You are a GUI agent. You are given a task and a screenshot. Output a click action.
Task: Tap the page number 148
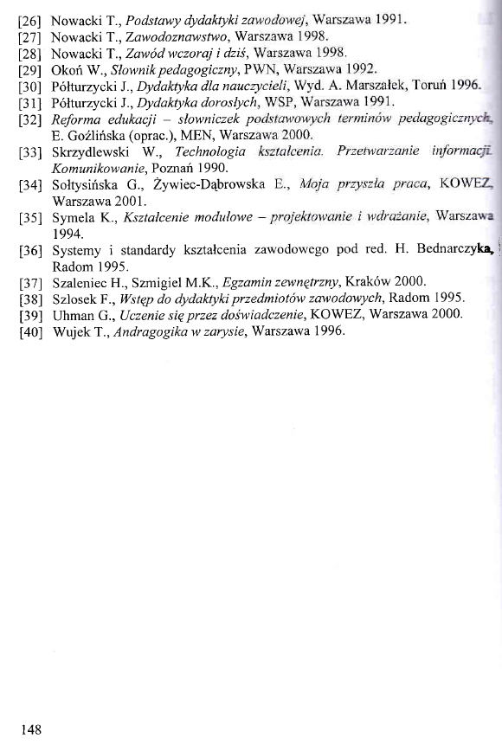(31, 729)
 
